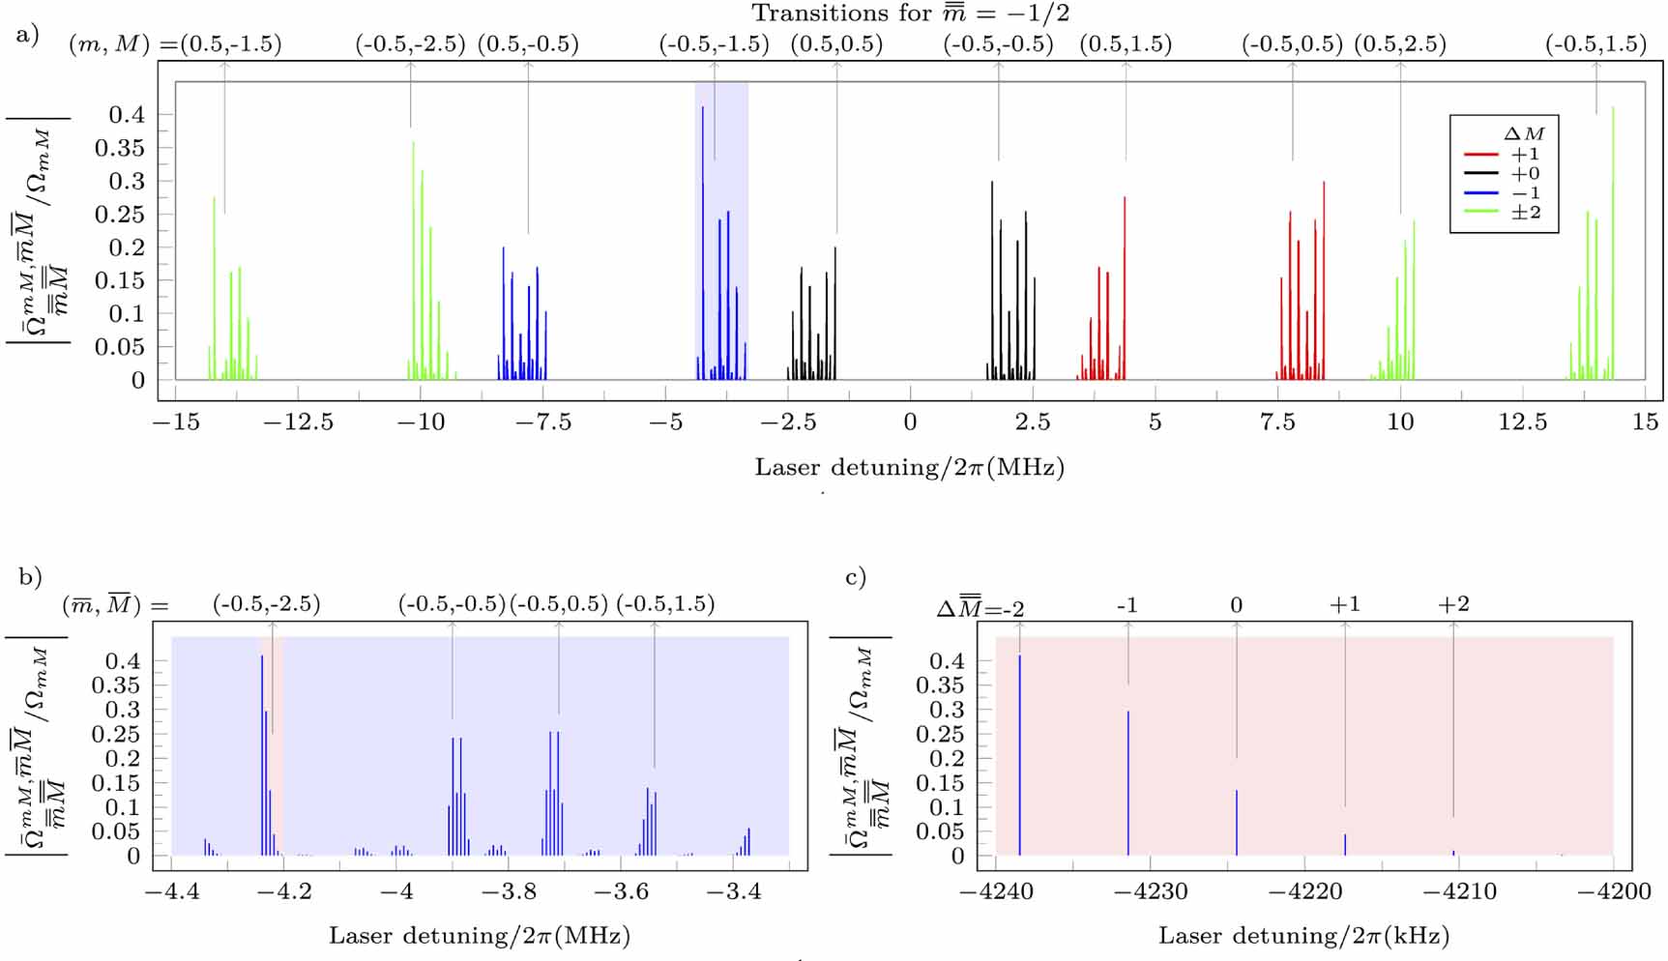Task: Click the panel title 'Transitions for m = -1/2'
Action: (x=910, y=14)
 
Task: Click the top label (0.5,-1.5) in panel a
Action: (x=230, y=44)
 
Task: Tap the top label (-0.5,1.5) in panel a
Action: (x=1595, y=44)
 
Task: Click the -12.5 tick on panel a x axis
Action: (x=298, y=422)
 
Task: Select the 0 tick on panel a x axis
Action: (x=910, y=422)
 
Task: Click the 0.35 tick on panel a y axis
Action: (x=119, y=148)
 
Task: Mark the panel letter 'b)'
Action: (x=30, y=577)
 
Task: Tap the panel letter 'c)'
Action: (x=856, y=577)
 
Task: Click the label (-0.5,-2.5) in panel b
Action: (x=266, y=604)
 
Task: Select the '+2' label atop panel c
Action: (x=1453, y=604)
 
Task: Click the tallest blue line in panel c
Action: (x=1019, y=754)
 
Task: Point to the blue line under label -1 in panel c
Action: (x=1127, y=783)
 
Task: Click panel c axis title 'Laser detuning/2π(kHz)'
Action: (x=1303, y=935)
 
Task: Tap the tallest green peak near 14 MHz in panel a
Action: (x=1613, y=242)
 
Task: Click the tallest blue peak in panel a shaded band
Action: (x=703, y=242)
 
